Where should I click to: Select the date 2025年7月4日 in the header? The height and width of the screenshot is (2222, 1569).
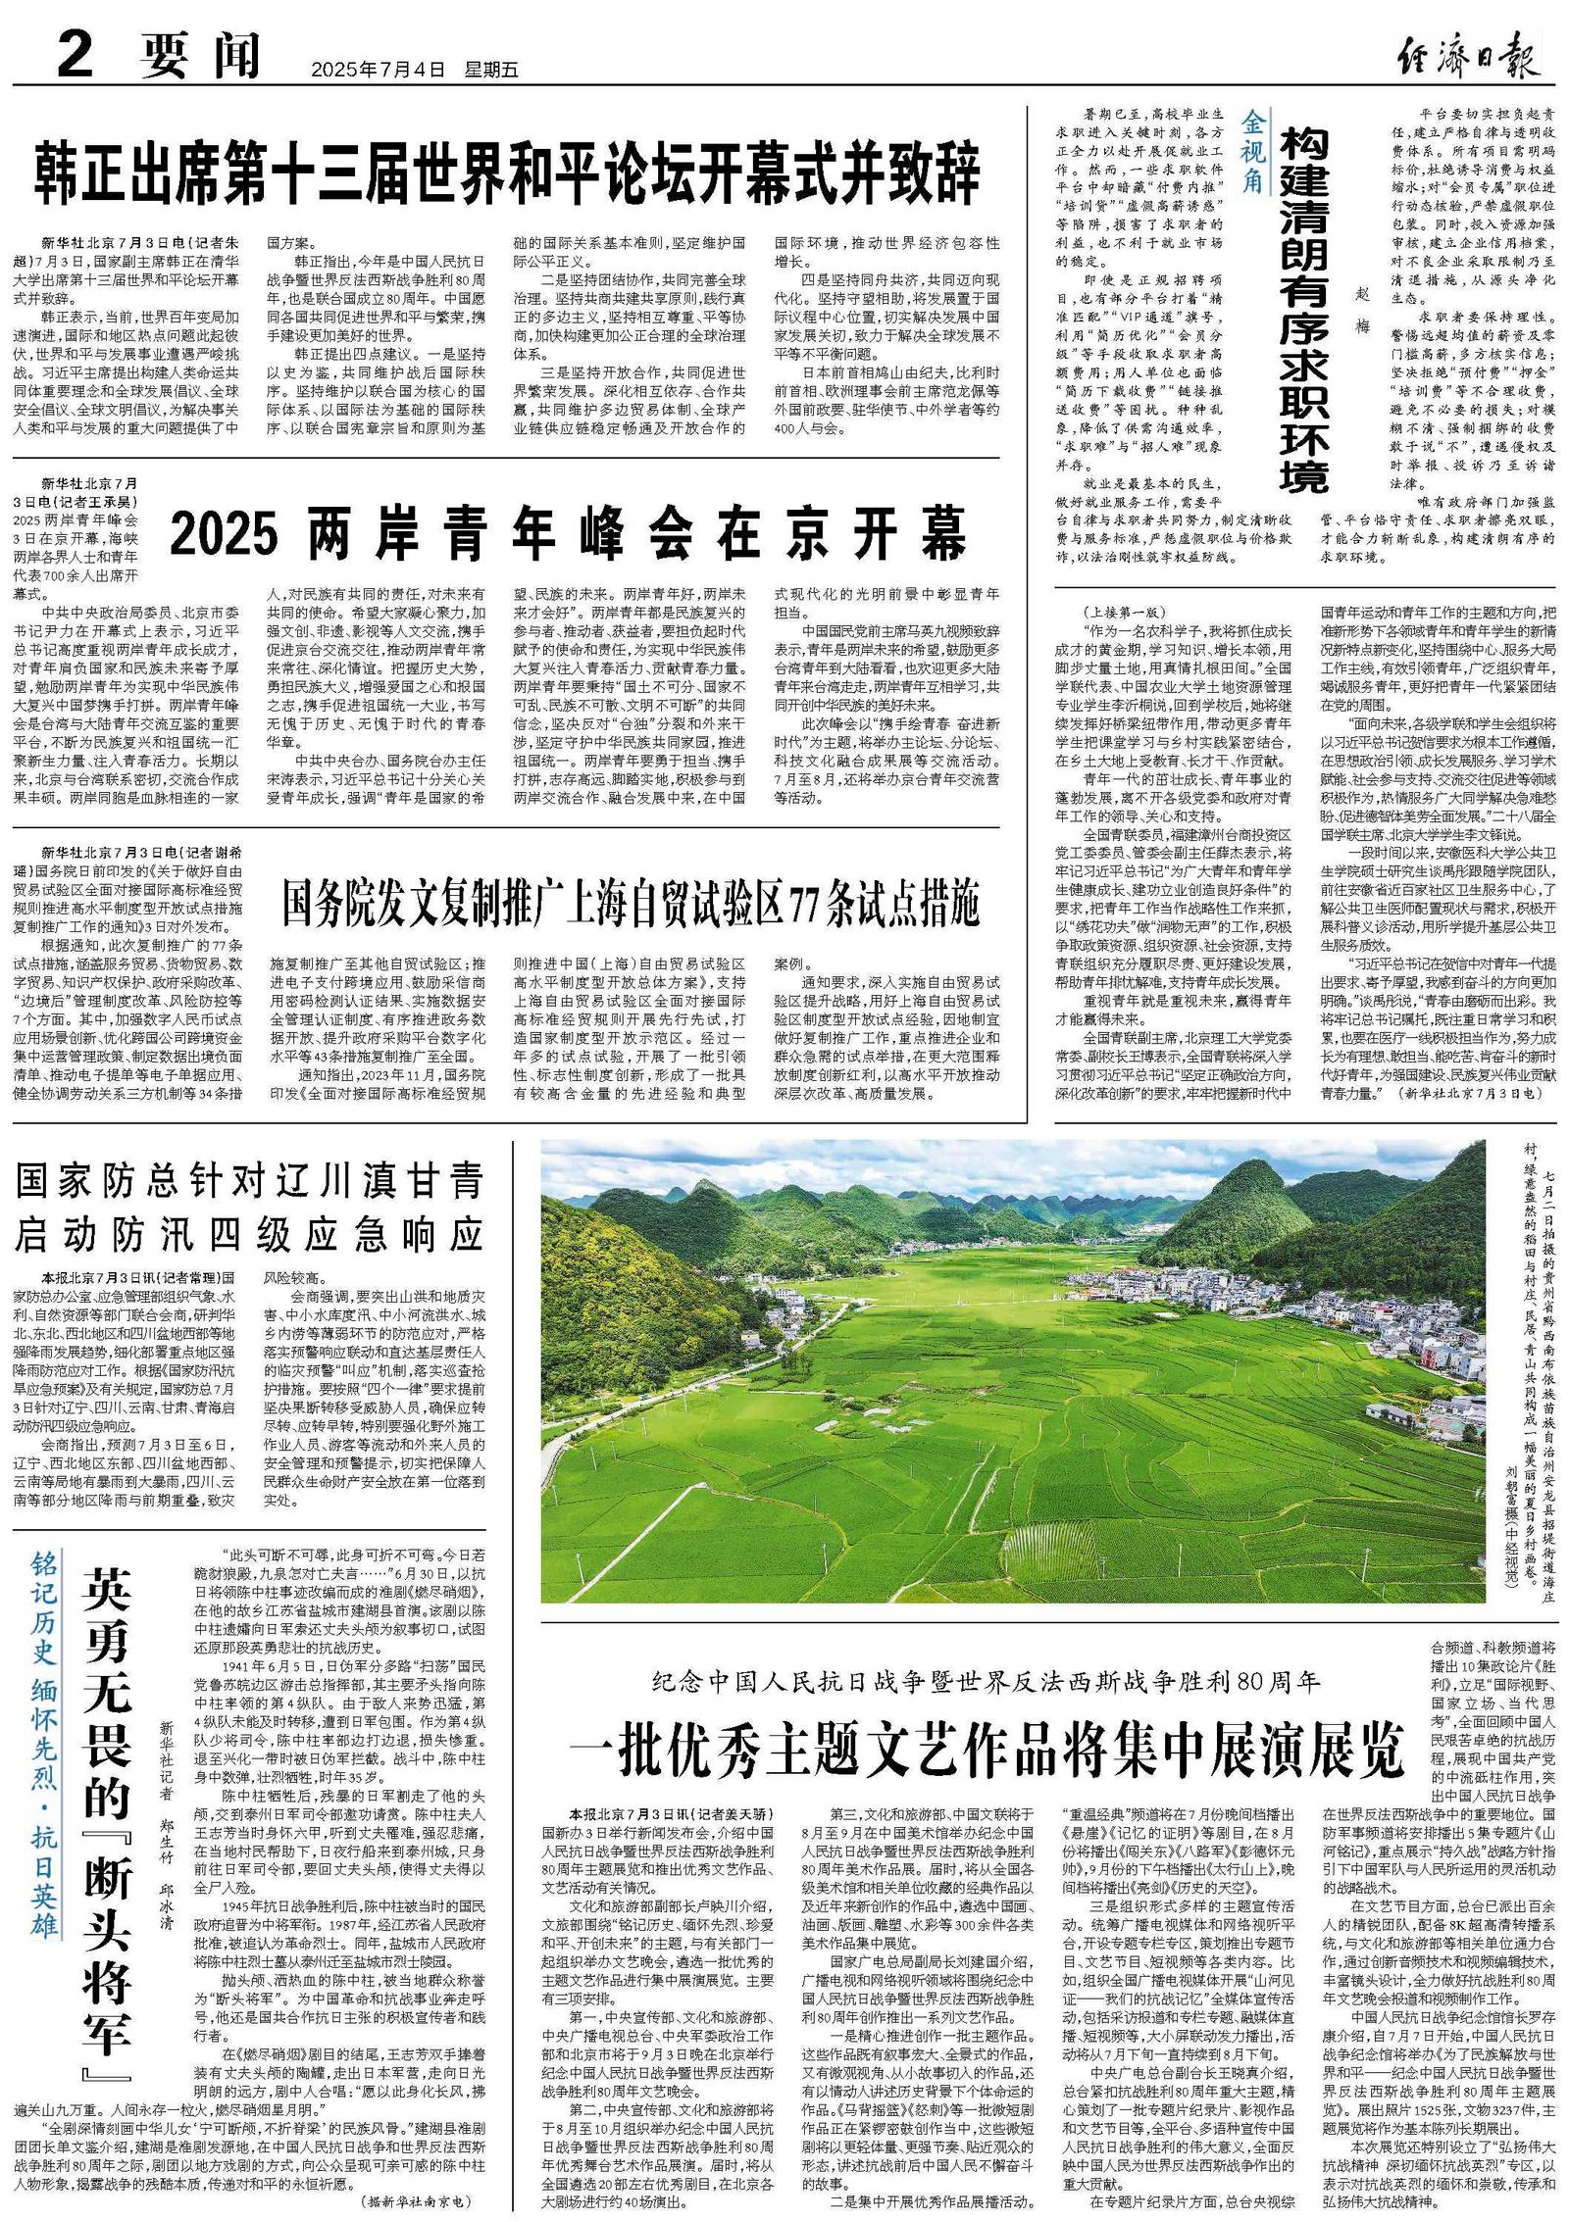(378, 70)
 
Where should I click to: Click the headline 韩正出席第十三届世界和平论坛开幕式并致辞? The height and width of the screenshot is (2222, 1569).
(507, 171)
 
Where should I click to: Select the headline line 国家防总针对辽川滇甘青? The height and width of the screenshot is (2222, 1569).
(249, 1184)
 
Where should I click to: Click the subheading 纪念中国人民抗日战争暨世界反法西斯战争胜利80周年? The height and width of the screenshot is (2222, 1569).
(987, 1685)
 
